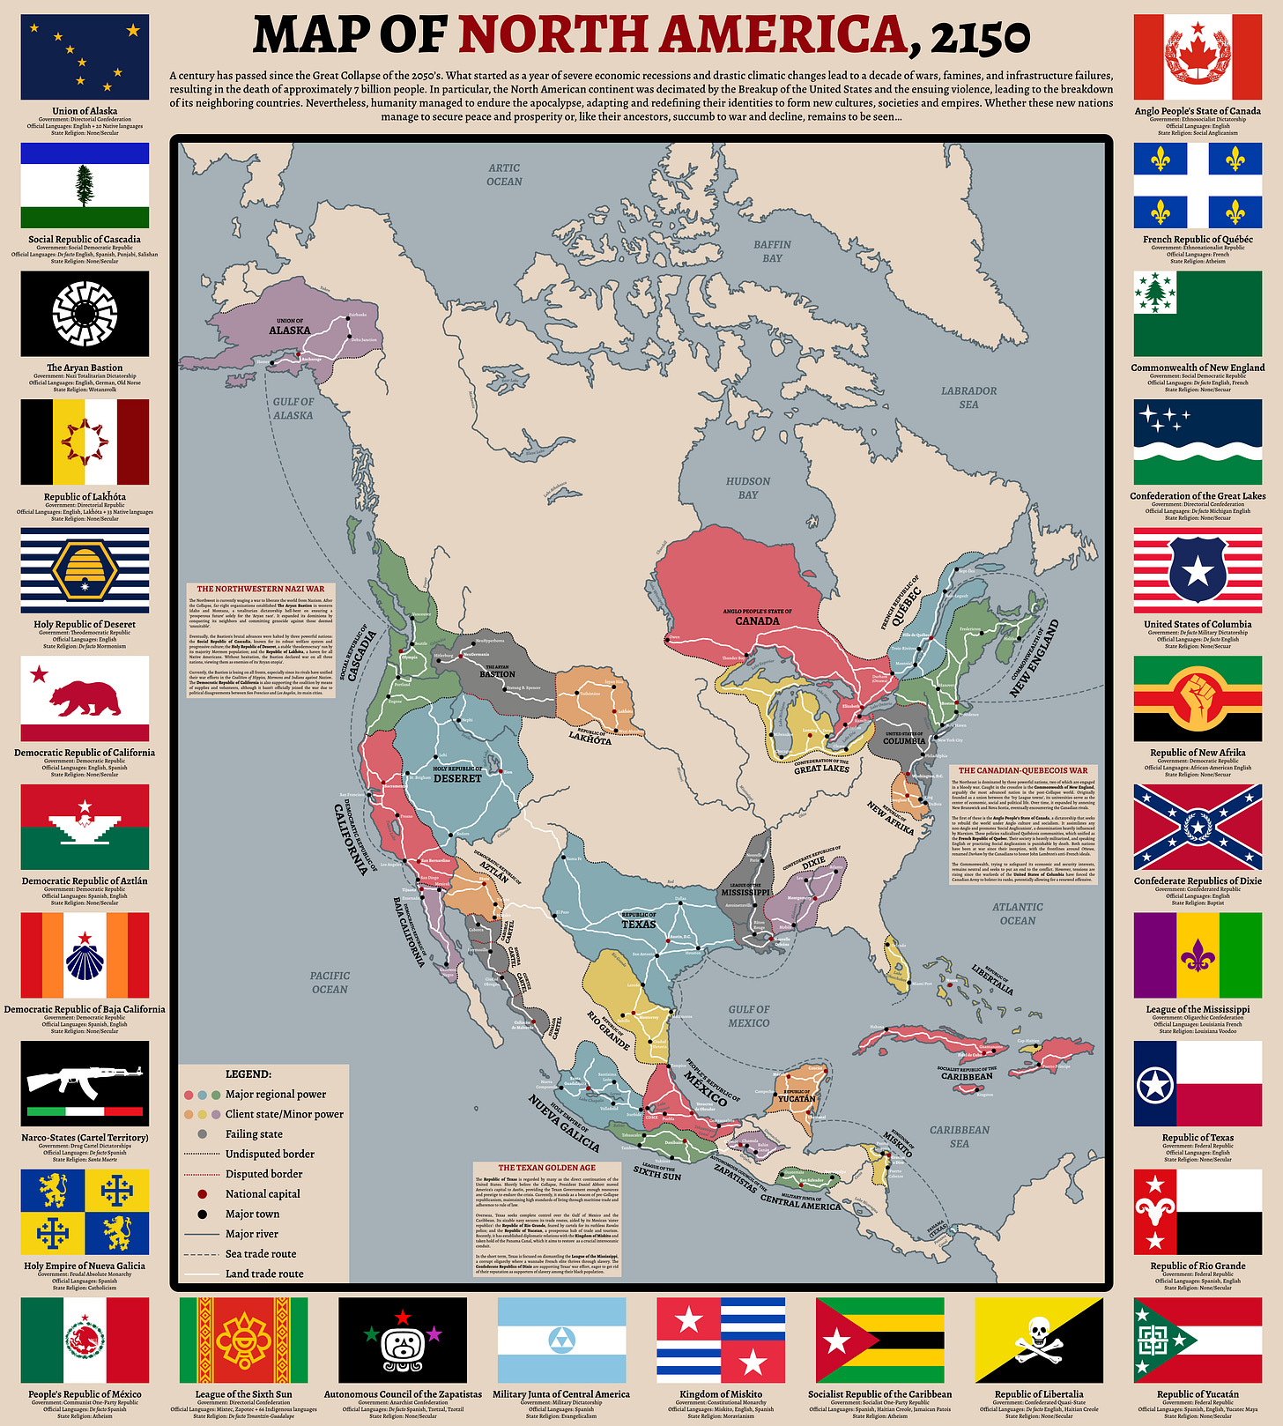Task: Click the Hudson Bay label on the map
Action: tap(748, 488)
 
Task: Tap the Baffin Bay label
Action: tap(772, 251)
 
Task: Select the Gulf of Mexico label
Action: tap(749, 1016)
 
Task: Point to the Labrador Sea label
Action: tap(968, 397)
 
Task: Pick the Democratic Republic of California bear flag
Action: tap(85, 698)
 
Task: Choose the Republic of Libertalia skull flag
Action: tap(1038, 1340)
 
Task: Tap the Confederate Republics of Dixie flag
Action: tap(1198, 827)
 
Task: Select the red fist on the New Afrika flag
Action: tap(1198, 694)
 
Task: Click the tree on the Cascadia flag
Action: tap(85, 185)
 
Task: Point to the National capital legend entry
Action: tap(263, 1193)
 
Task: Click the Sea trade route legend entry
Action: tap(261, 1253)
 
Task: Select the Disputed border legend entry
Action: tap(263, 1174)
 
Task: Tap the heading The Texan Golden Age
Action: tap(546, 1168)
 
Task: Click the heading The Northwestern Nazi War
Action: tap(260, 589)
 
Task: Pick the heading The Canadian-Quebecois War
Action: tap(1023, 770)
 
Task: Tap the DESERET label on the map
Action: tap(457, 778)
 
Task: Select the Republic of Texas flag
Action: tap(1198, 1083)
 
